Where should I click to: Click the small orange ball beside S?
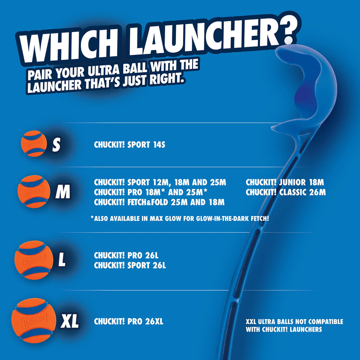click(x=33, y=144)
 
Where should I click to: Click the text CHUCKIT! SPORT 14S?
click(x=128, y=145)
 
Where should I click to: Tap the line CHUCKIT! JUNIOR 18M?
click(x=285, y=182)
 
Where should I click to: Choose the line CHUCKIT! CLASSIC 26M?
click(x=286, y=192)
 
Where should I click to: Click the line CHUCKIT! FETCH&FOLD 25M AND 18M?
click(x=159, y=202)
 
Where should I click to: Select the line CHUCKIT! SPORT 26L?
click(x=130, y=265)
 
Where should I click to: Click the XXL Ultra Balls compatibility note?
click(x=294, y=325)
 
